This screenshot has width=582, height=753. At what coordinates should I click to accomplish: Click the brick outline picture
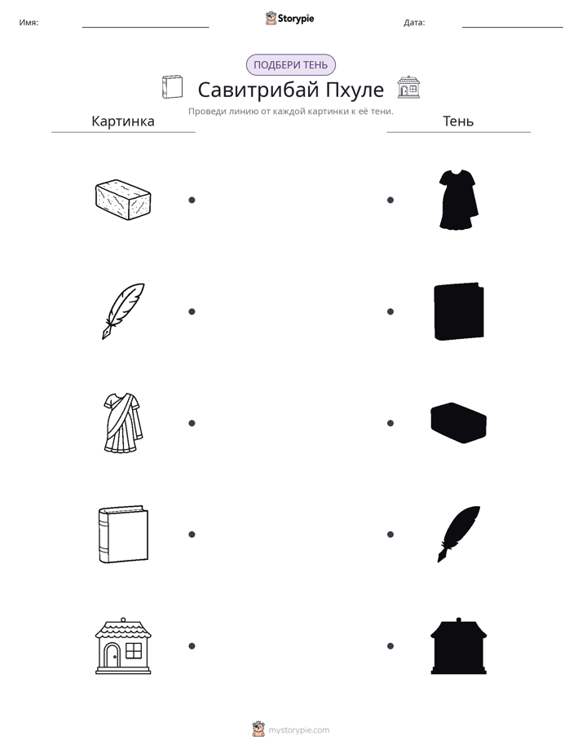tap(123, 200)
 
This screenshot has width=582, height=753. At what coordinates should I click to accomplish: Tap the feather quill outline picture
tap(123, 311)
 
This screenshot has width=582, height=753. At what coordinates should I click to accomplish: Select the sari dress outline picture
tap(123, 423)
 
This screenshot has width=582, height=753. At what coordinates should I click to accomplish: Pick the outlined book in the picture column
tap(123, 534)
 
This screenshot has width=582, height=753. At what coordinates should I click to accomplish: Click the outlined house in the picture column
tap(123, 646)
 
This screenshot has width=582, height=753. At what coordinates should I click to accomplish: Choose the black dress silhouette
tap(458, 200)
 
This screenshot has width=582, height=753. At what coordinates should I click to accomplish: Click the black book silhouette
tap(459, 311)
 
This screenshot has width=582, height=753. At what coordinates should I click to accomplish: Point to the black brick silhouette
tap(459, 423)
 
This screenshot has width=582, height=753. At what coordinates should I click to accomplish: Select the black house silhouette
tap(459, 646)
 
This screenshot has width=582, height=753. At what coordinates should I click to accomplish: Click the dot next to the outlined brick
tap(192, 200)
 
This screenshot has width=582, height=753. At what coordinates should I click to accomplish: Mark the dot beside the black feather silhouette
tap(390, 535)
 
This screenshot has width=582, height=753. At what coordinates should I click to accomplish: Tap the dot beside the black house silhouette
tap(390, 646)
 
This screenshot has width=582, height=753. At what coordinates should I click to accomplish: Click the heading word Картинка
tap(123, 121)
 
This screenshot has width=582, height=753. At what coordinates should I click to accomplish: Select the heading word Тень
tap(458, 121)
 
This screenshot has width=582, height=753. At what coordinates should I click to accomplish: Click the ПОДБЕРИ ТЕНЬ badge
tap(290, 65)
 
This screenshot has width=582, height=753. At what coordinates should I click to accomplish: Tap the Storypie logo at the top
tap(289, 18)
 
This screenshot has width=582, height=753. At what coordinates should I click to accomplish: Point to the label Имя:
tap(29, 23)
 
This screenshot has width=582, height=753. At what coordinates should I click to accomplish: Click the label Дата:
tap(414, 23)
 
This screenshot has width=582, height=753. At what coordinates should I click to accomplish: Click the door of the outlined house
tap(112, 655)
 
